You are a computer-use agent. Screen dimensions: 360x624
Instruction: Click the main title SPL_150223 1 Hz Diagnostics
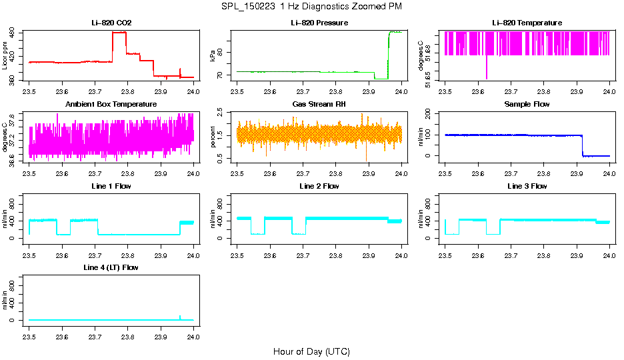[311, 6]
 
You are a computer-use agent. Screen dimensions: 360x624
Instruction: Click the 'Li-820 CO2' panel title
[111, 23]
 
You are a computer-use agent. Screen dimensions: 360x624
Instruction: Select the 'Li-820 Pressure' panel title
[319, 23]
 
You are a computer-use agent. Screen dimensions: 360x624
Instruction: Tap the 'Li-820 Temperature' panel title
[527, 23]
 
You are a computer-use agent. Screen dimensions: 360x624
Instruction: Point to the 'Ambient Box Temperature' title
[111, 105]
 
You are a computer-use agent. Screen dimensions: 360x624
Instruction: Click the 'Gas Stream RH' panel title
[319, 105]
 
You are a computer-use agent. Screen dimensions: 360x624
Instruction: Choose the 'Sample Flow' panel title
[527, 105]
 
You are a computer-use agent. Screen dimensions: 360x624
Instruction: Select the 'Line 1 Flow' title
[111, 186]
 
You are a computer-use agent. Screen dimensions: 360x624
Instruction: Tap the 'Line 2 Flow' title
[319, 186]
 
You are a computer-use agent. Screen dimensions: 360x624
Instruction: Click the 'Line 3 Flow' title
[527, 186]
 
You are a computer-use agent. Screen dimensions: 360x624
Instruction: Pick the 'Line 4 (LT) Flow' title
[111, 267]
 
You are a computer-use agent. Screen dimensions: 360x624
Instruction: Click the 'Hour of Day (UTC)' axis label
[311, 351]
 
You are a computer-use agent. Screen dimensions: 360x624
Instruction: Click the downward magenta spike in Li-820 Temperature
[487, 70]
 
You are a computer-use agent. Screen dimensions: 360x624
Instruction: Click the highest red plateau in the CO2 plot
[119, 32]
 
